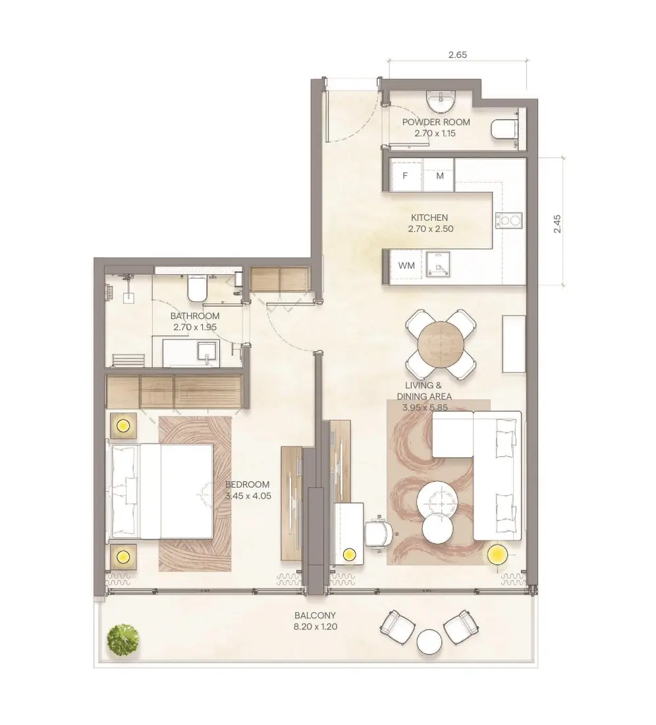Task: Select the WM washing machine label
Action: pyautogui.click(x=406, y=266)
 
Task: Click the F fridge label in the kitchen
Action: pyautogui.click(x=405, y=176)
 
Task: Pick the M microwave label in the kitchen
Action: pyautogui.click(x=439, y=176)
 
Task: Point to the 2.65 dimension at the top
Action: pyautogui.click(x=457, y=55)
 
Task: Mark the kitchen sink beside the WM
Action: pyautogui.click(x=437, y=266)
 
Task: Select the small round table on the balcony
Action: pyautogui.click(x=429, y=641)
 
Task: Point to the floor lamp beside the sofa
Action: pyautogui.click(x=497, y=554)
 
